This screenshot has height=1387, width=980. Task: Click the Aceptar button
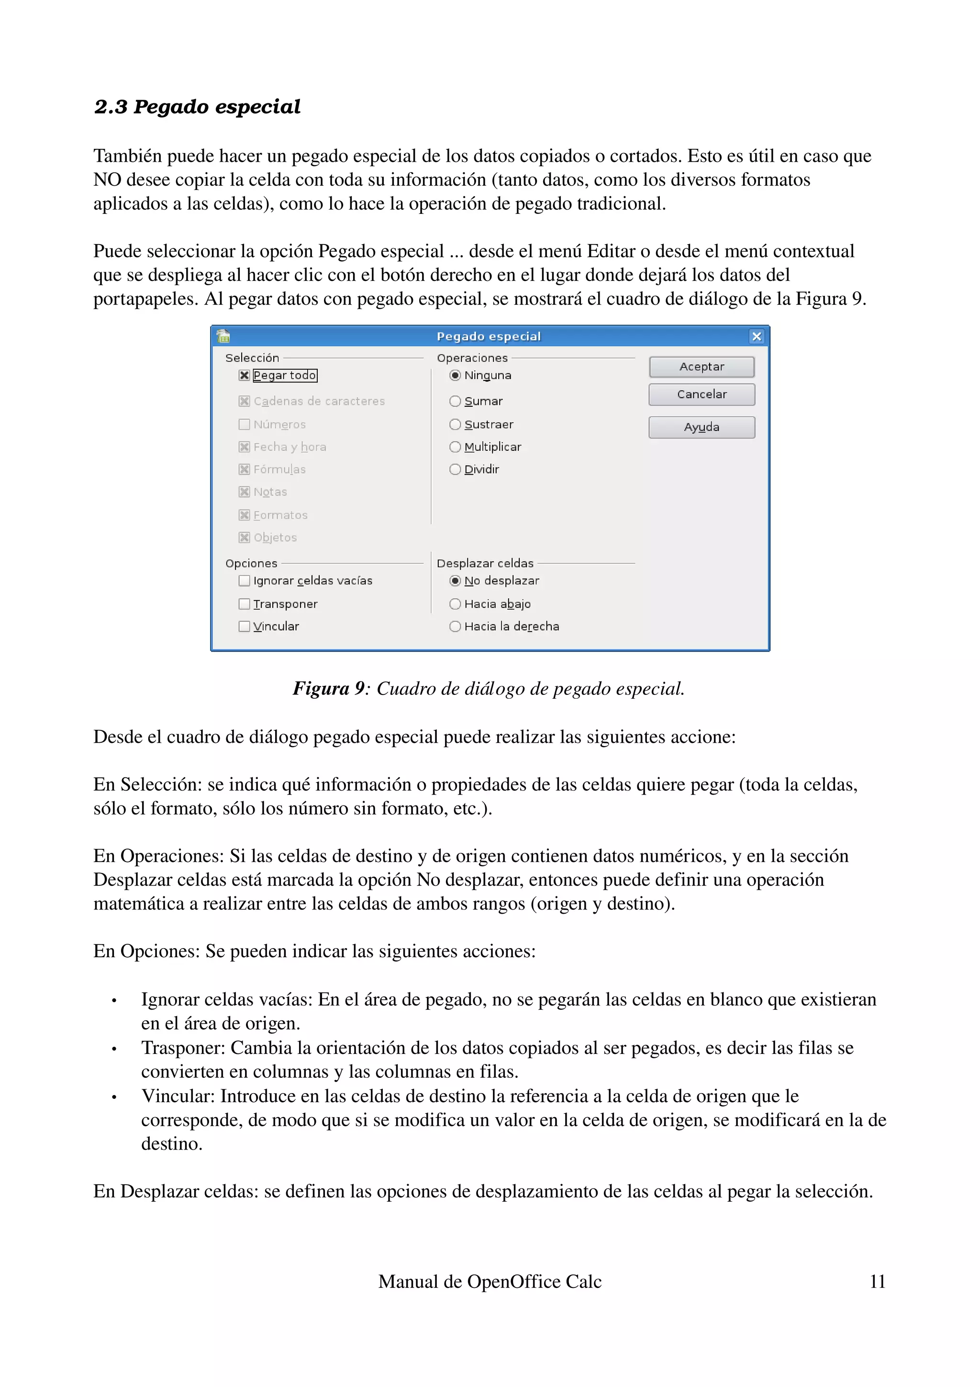(701, 367)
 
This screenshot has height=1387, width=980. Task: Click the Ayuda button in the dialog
(701, 427)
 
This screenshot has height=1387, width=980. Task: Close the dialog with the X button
(756, 336)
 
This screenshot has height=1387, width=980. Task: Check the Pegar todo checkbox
(245, 375)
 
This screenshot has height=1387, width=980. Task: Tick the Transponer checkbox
(245, 604)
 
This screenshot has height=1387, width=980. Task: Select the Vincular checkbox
(245, 626)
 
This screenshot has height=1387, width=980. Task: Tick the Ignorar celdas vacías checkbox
(245, 581)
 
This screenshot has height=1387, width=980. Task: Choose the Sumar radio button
(455, 401)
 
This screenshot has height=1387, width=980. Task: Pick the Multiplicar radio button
(455, 447)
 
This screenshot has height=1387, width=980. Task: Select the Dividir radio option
(455, 470)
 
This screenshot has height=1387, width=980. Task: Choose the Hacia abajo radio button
(455, 604)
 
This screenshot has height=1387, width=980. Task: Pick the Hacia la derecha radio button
(455, 626)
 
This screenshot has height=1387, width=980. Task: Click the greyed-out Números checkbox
(245, 425)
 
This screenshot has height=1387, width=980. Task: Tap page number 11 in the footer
(877, 1281)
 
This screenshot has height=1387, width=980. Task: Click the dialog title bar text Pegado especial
(489, 336)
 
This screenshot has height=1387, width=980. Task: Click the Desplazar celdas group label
(485, 563)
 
